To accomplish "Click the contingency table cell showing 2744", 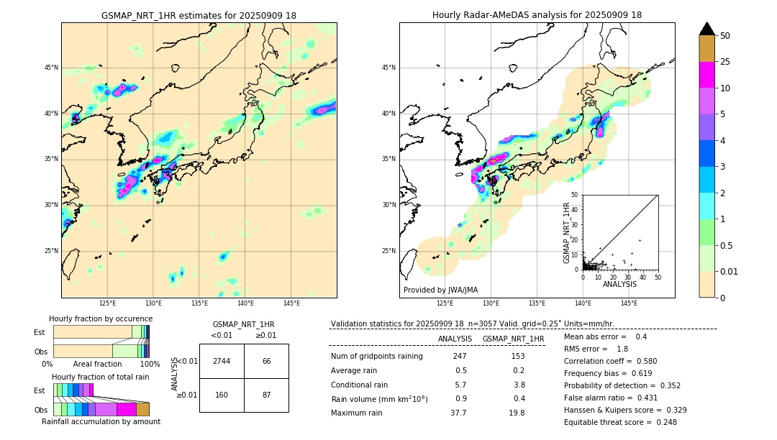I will tap(222, 361).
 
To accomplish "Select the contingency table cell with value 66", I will tap(266, 361).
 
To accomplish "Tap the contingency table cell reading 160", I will tap(222, 395).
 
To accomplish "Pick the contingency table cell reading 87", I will tap(266, 395).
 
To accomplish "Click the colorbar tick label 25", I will tap(725, 62).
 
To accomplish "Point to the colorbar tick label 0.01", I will tap(730, 271).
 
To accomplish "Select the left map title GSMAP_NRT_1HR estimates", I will tap(199, 15).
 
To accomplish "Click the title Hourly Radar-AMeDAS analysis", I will tap(537, 15).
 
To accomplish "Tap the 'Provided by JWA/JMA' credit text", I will tap(440, 290).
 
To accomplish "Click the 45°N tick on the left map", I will tap(51, 68).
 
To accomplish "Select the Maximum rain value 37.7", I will tap(458, 413).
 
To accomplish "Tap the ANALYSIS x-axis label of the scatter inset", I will tap(619, 285).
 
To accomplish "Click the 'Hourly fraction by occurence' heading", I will tap(101, 318).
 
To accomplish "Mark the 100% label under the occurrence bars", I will tap(150, 364).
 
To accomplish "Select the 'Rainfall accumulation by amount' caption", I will tap(101, 421).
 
